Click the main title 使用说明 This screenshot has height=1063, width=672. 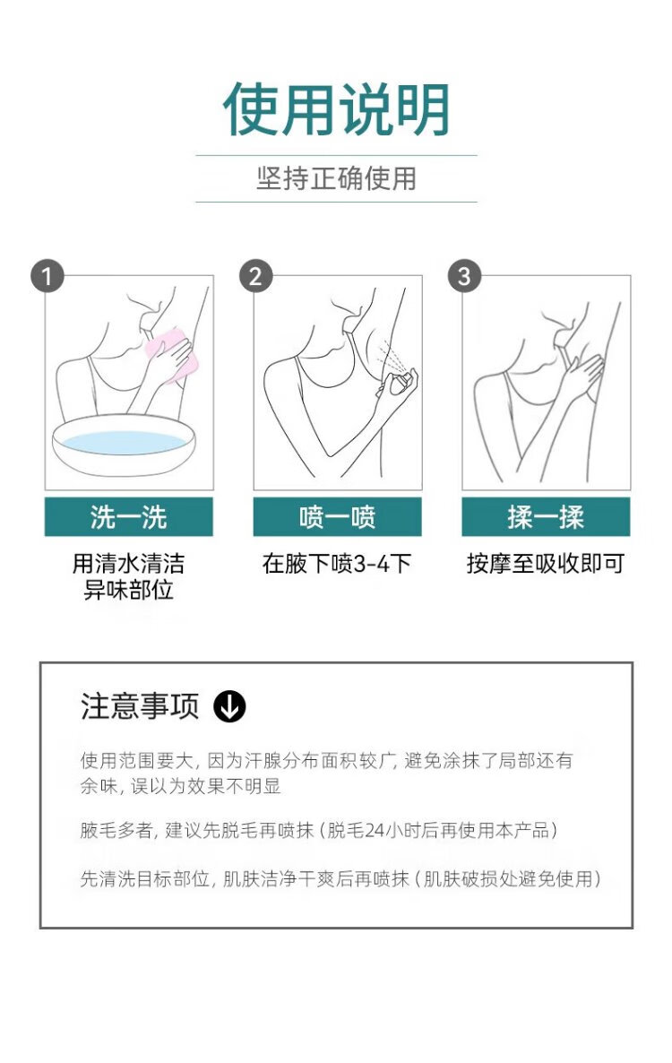point(337,109)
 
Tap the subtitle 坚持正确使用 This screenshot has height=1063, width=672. point(337,179)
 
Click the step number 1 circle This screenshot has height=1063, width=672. point(47,277)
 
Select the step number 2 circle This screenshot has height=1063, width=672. point(255,277)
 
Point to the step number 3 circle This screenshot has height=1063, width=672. point(464,277)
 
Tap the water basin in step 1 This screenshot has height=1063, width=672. point(124,444)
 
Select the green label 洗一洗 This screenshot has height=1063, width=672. point(129,517)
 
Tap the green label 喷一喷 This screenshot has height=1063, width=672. point(338,517)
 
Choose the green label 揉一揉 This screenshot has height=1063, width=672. point(546,517)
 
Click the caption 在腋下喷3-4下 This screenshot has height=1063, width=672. point(337,564)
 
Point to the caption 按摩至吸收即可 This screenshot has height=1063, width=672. point(546,564)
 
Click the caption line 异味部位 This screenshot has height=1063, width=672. point(128,590)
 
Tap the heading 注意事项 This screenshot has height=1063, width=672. point(140,706)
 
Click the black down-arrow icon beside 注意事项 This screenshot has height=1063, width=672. point(229,706)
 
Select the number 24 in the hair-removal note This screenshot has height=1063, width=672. point(375,831)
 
